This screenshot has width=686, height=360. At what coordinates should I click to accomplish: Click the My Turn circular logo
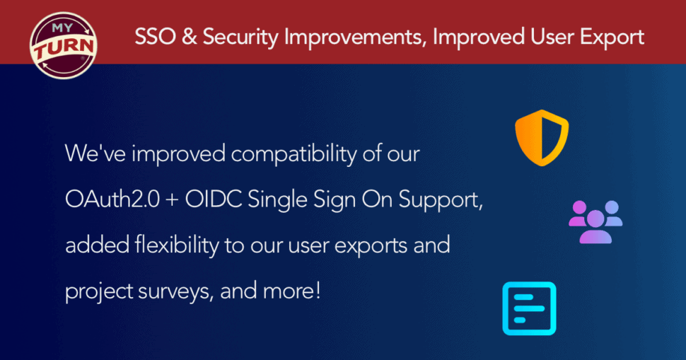64,45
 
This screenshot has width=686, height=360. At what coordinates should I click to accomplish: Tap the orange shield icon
542,138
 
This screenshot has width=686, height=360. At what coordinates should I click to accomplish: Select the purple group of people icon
595,222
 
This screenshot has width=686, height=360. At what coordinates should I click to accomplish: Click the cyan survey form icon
530,308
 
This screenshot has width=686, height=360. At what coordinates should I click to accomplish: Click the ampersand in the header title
189,37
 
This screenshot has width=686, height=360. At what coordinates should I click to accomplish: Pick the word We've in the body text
95,153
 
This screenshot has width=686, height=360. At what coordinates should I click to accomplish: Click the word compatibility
293,155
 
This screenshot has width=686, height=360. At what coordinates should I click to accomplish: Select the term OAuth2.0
112,199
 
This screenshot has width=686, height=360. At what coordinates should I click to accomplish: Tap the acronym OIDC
213,199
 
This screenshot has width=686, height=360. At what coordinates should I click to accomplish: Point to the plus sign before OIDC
173,201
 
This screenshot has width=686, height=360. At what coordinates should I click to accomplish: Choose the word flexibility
177,245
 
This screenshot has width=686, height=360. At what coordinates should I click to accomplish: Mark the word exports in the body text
371,247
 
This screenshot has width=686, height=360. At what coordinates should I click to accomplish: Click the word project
99,292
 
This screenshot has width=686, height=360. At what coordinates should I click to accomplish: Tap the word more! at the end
292,291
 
